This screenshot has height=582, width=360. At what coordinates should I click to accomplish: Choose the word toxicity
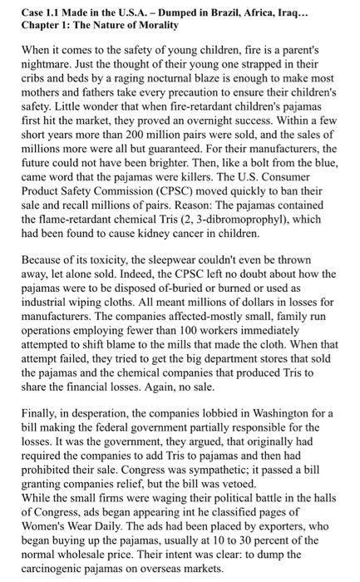[x=105, y=268]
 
